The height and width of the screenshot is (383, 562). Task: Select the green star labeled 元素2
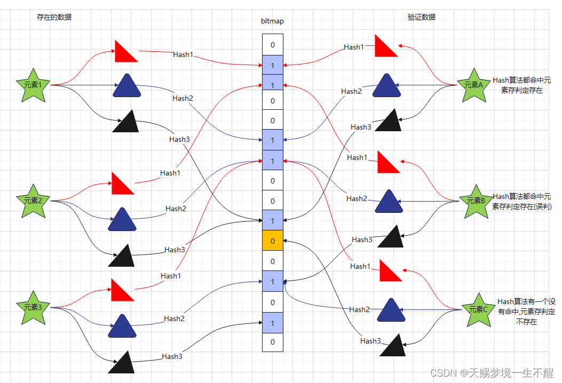pyautogui.click(x=36, y=202)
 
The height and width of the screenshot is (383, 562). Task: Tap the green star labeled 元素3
pyautogui.click(x=36, y=308)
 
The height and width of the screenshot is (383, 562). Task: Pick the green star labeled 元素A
pyautogui.click(x=473, y=85)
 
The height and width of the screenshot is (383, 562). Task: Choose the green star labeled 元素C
pyautogui.click(x=478, y=310)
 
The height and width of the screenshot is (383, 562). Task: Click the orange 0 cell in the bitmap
pyautogui.click(x=273, y=241)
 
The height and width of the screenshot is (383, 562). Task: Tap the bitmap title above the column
pyautogui.click(x=272, y=21)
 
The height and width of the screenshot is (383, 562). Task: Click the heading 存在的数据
pyautogui.click(x=54, y=17)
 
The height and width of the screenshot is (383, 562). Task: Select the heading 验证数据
pyautogui.click(x=421, y=17)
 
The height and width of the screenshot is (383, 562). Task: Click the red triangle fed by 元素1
pyautogui.click(x=126, y=52)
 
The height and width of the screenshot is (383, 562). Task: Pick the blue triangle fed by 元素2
pyautogui.click(x=121, y=220)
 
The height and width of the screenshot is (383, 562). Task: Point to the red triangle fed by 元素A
pyautogui.click(x=385, y=47)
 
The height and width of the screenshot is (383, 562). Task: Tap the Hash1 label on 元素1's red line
pyautogui.click(x=183, y=54)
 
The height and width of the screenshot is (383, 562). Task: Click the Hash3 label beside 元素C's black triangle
pyautogui.click(x=370, y=341)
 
